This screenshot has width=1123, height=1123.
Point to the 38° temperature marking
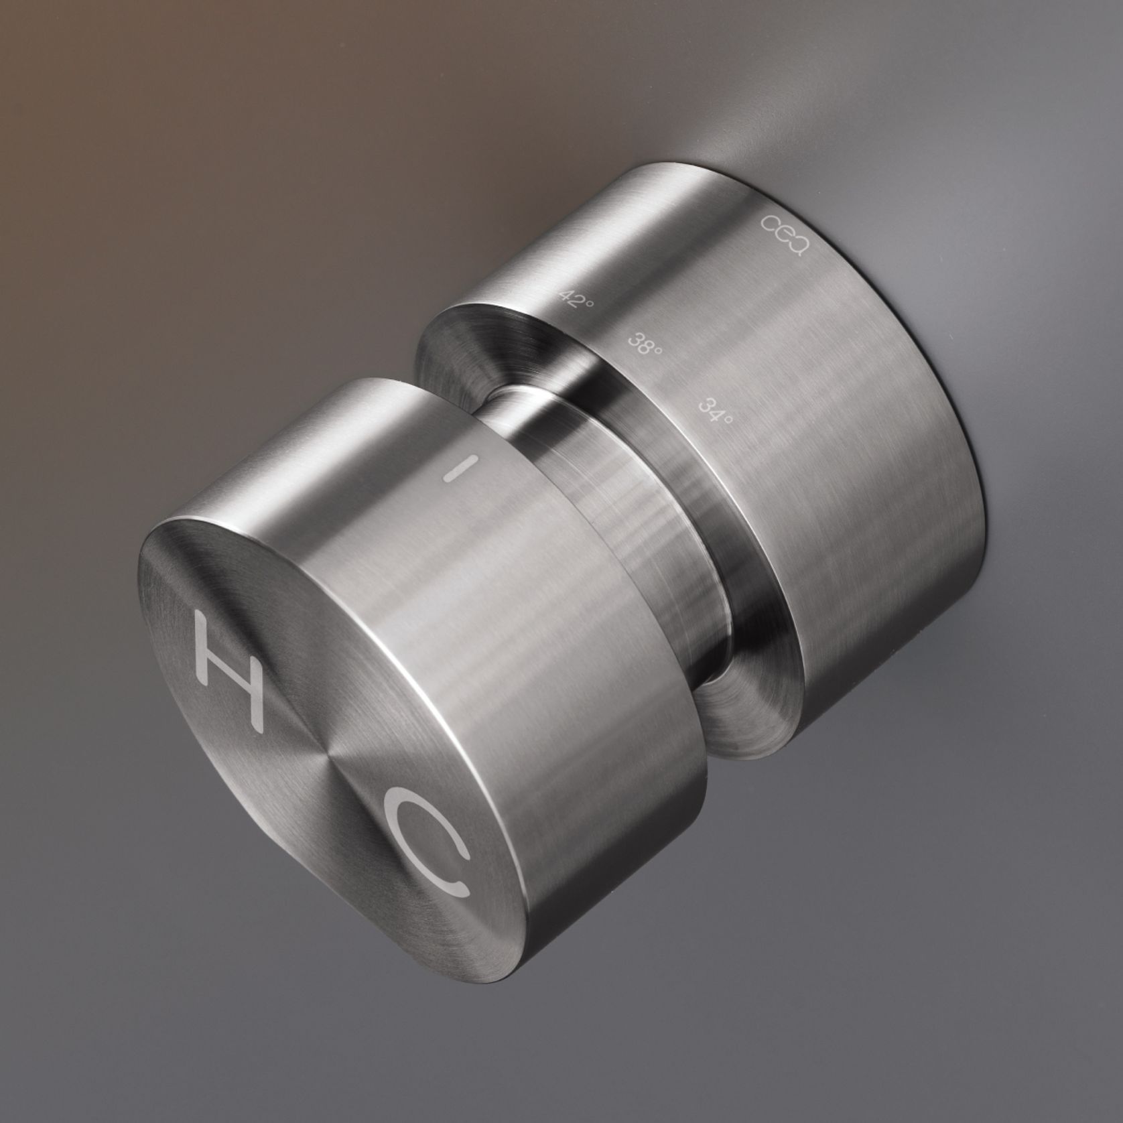click(x=643, y=343)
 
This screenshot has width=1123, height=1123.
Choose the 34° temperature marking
click(x=714, y=409)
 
